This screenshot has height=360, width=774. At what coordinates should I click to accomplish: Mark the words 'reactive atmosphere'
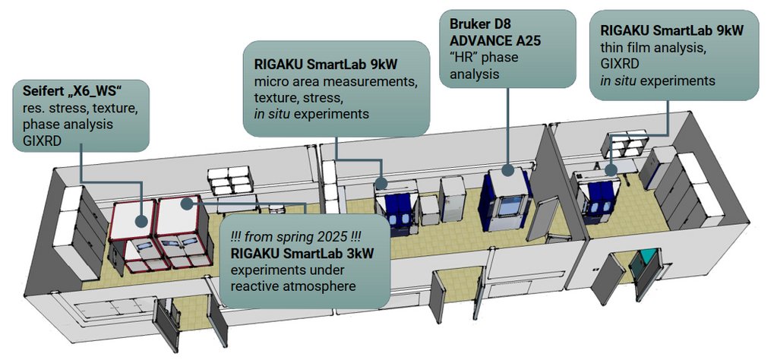[x=292, y=284]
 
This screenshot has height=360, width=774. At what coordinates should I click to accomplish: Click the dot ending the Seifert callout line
[x=142, y=221]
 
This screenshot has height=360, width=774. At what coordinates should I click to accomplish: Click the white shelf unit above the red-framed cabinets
[x=231, y=182]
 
